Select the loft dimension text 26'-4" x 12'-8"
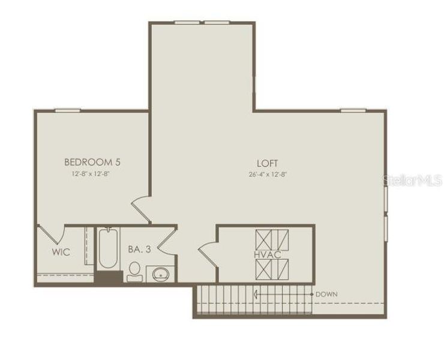click(x=268, y=175)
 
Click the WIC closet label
click(x=61, y=252)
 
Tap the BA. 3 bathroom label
click(x=139, y=248)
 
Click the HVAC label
click(x=267, y=254)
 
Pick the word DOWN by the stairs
click(x=326, y=294)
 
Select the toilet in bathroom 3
click(x=134, y=271)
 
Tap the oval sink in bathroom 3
click(x=160, y=274)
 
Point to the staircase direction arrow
click(x=282, y=294)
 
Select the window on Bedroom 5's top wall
click(x=68, y=110)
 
